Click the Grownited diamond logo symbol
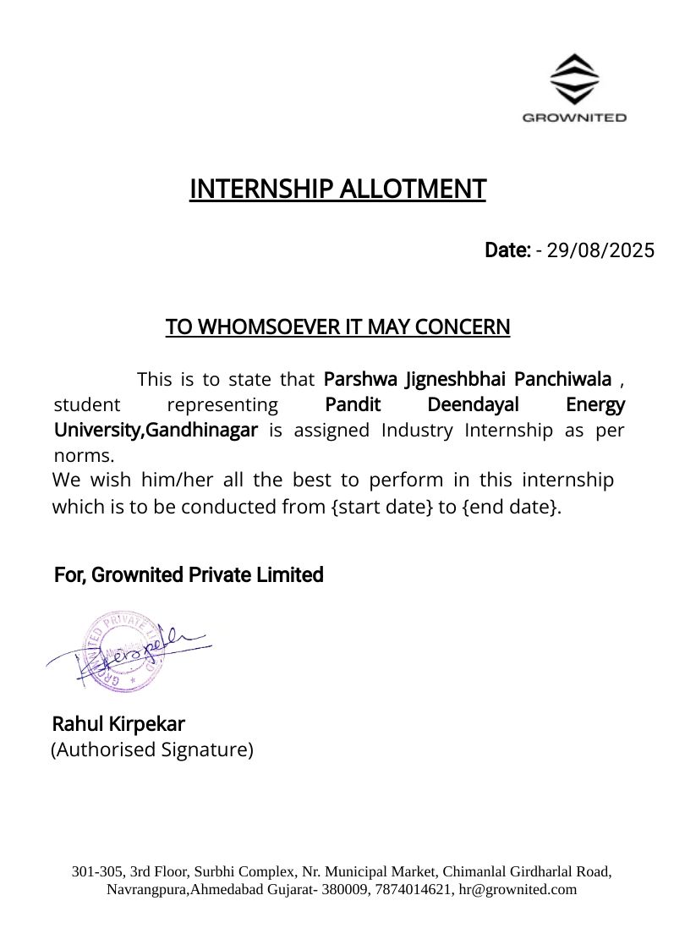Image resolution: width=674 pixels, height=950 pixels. pos(574,79)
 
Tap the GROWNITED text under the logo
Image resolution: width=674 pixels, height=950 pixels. pos(574,118)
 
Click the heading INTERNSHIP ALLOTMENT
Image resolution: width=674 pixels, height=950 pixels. pos(337,189)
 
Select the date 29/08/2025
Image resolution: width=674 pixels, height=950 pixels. pos(600,250)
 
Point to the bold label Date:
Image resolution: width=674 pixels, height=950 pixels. pos(507,250)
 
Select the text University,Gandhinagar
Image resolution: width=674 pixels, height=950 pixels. pos(156,430)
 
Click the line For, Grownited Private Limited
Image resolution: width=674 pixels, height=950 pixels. pos(189,575)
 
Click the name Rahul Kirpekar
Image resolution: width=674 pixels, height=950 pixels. pos(118,724)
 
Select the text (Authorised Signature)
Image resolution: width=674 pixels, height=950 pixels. pos(152,750)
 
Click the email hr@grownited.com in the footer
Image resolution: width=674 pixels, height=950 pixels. pos(518,889)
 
